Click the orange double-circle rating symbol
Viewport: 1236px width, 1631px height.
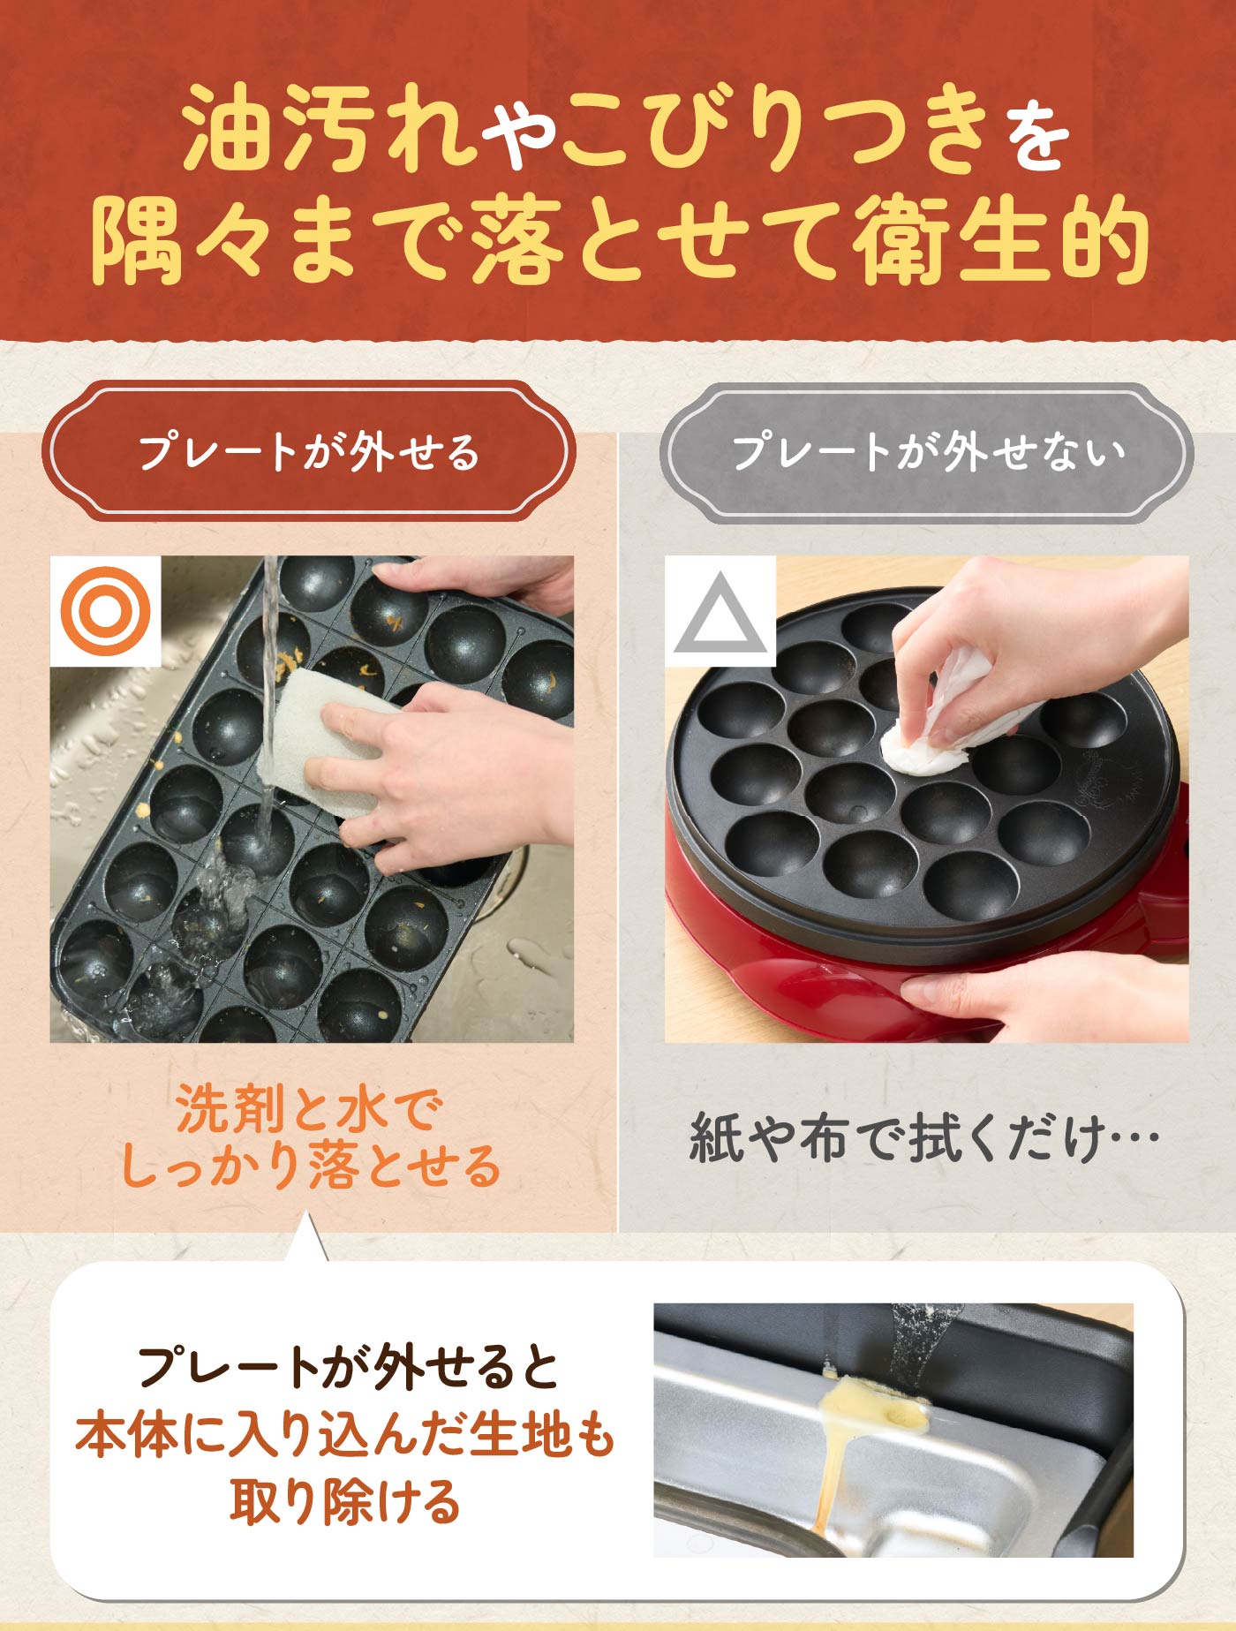click(x=105, y=611)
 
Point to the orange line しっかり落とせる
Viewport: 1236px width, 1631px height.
click(x=310, y=1166)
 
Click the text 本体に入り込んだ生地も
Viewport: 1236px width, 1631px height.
click(x=344, y=1434)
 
